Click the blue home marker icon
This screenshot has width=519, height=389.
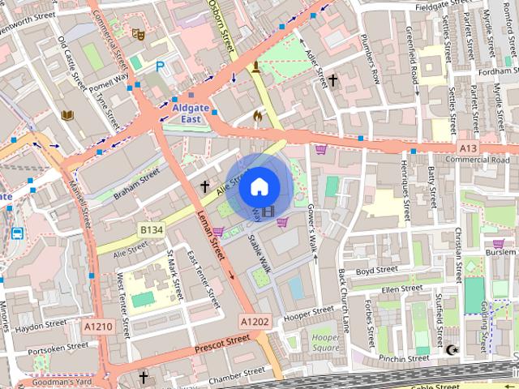click(x=259, y=186)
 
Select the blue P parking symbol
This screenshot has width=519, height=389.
click(x=160, y=67)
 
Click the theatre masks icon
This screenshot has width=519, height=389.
click(x=138, y=35)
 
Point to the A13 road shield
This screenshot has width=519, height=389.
click(x=468, y=148)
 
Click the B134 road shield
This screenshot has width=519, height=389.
click(x=151, y=231)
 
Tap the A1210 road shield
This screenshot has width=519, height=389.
click(x=99, y=325)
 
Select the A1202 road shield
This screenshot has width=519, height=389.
click(x=254, y=322)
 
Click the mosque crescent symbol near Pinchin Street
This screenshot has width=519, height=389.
click(x=452, y=350)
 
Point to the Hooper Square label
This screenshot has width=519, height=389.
click(x=324, y=341)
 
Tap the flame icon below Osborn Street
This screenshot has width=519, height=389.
click(x=259, y=116)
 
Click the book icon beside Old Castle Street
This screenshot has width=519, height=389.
click(x=67, y=115)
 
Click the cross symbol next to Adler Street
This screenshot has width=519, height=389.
click(x=332, y=80)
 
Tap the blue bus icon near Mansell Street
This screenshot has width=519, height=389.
click(x=16, y=233)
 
